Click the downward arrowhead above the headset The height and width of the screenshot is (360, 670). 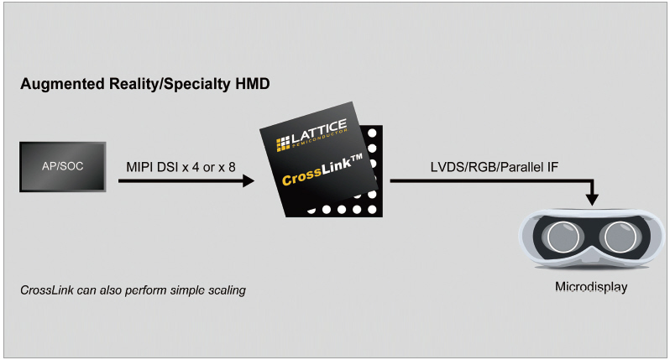pos(594,200)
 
